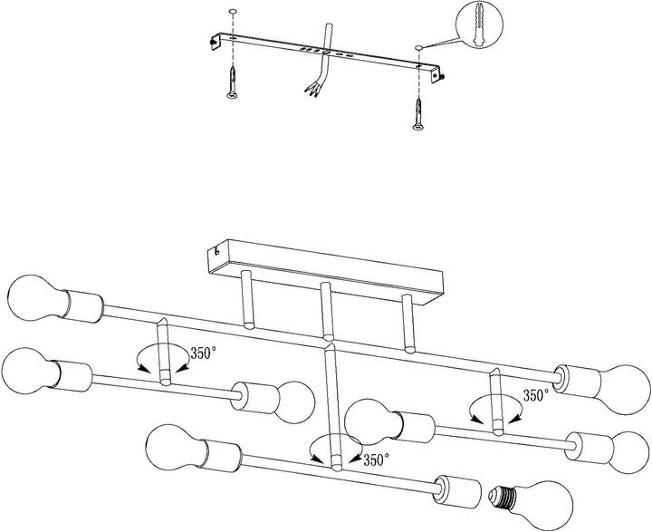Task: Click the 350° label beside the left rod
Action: coord(204,353)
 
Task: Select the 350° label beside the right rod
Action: coord(536,395)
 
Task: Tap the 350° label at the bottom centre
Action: coord(377,459)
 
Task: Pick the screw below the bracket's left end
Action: coord(232,82)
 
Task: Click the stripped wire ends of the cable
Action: coord(312,90)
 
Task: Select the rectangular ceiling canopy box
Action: coord(326,271)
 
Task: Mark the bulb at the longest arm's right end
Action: coord(622,389)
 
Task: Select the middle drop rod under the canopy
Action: coord(326,311)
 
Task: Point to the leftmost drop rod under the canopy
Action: coord(247,299)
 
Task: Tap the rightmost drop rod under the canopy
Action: coord(408,324)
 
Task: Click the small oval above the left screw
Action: coord(233,10)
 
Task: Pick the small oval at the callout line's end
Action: coord(418,47)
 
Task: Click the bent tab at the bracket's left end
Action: coord(215,42)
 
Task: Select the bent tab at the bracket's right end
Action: coord(437,74)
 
